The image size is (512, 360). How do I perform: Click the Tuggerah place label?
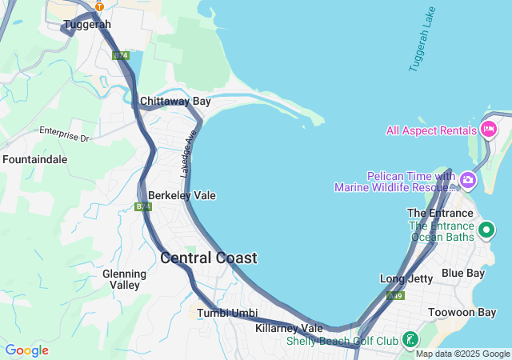[x=86, y=25]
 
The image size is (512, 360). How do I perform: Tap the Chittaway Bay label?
[x=175, y=102]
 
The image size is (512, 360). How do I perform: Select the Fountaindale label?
[x=34, y=159]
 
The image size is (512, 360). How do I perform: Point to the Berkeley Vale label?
[x=182, y=195]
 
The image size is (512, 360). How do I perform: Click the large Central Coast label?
[x=209, y=258]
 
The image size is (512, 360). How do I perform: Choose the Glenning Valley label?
[x=124, y=279]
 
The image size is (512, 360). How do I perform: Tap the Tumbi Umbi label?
[x=227, y=312]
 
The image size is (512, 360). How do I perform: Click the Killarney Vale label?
[x=289, y=328]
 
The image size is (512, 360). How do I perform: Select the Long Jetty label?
[x=406, y=278]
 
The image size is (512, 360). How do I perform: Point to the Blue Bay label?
[x=463, y=273]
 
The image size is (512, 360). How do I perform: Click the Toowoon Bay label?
[x=462, y=312]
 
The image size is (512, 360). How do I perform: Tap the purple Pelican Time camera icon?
[x=467, y=181]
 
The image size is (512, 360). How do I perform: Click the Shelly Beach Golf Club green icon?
[x=410, y=341]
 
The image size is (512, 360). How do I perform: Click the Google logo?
[x=26, y=350]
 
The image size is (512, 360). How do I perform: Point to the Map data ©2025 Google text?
[x=462, y=354]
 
